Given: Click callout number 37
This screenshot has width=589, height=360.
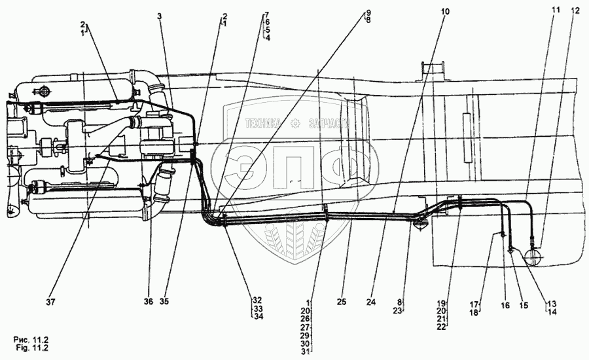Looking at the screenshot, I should click(x=50, y=302).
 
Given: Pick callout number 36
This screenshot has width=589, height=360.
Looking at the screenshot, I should click(x=149, y=302).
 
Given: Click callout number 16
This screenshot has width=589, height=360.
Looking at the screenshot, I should click(x=505, y=305).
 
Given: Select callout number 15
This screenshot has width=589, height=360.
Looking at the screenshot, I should click(x=523, y=305).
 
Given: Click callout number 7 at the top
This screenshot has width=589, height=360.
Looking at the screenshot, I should click(x=266, y=14).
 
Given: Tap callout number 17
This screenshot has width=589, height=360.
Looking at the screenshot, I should click(x=475, y=303).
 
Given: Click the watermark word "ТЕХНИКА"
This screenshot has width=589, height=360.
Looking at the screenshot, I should click(x=264, y=122).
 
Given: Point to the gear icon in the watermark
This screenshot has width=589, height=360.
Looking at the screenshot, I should click(x=295, y=122).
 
